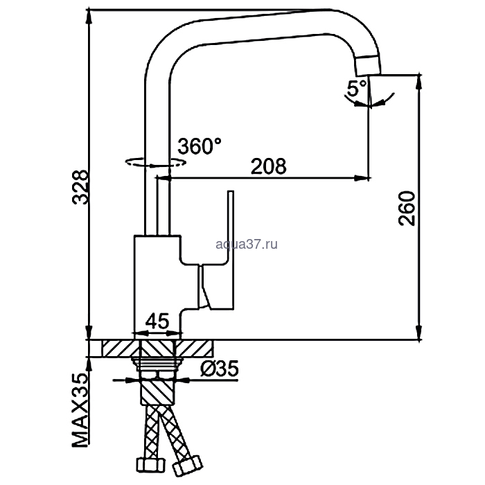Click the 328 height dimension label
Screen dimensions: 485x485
80,187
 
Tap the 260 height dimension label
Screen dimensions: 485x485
407,209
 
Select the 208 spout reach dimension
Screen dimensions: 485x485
269,166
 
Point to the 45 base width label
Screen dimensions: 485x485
157,321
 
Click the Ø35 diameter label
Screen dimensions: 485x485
220,369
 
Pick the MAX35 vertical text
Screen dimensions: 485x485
80,411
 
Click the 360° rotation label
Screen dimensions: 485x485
200,146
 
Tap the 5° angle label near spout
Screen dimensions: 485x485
357,88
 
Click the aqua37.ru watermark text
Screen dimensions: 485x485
247,245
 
